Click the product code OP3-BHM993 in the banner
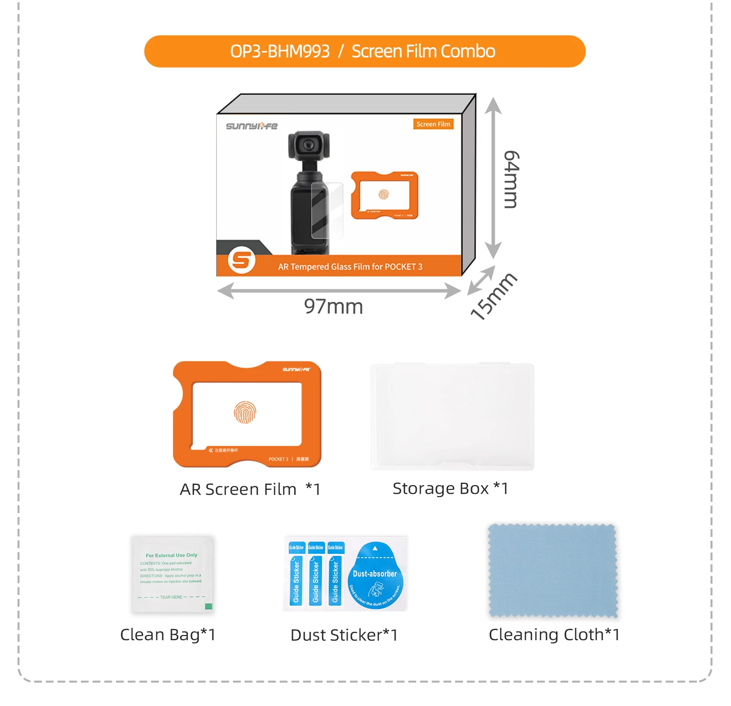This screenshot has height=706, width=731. click(x=280, y=52)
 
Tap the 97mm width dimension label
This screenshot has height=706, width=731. click(x=334, y=307)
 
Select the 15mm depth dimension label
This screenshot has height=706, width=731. click(x=493, y=297)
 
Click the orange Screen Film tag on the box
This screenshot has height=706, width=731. click(x=433, y=124)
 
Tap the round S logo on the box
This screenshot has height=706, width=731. click(x=241, y=260)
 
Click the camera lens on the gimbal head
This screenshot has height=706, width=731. click(x=309, y=146)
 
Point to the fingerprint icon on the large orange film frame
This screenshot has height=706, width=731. click(x=245, y=413)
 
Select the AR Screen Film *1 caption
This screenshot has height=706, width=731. click(x=250, y=489)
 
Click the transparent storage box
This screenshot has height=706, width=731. click(x=452, y=416)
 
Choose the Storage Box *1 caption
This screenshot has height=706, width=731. click(x=450, y=488)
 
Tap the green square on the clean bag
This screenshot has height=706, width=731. click(x=209, y=606)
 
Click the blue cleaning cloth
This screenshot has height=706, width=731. click(x=553, y=571)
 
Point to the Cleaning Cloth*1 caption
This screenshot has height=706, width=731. click(x=554, y=635)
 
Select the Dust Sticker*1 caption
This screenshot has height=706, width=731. click(x=344, y=635)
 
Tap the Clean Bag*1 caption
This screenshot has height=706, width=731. click(x=168, y=635)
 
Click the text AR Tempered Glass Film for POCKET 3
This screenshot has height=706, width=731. click(x=350, y=267)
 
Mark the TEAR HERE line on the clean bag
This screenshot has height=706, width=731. click(x=171, y=597)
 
